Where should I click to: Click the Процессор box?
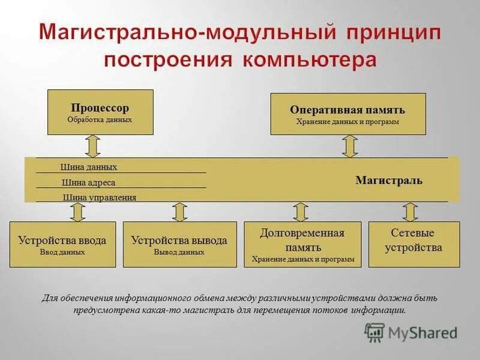coord(100,112)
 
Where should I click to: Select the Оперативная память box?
coord(348,113)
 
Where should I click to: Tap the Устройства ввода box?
coord(62,244)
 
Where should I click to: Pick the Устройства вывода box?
coord(179,244)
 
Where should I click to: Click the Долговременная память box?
coord(302,244)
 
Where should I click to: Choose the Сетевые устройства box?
coord(413,244)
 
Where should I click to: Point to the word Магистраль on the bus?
coord(389,180)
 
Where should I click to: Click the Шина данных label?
coord(89,167)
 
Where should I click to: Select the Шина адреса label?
coord(88,182)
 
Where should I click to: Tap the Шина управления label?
coord(100,197)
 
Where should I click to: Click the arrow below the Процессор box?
coord(92,146)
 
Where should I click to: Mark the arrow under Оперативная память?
coord(350,146)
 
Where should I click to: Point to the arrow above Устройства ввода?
coord(77,212)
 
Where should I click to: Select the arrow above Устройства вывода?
coord(179,212)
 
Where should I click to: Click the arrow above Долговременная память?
coord(301,212)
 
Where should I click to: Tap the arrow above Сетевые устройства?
coord(410,212)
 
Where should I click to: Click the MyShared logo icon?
coord(374,332)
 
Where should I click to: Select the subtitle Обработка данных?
coord(100,119)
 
